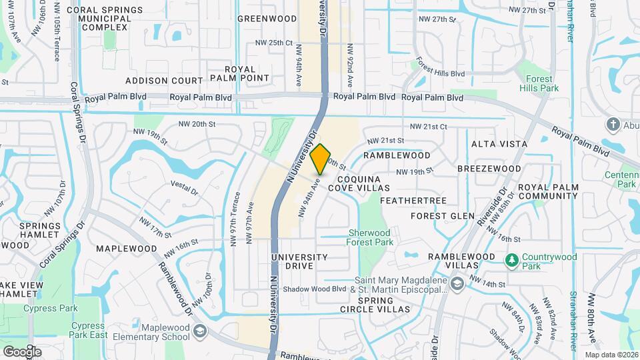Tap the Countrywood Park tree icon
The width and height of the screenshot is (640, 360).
coord(512,259)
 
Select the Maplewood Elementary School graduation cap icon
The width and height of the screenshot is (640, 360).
coord(199,331)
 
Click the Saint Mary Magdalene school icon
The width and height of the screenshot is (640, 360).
coord(457,285)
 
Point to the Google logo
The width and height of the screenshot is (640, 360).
coord(22,351)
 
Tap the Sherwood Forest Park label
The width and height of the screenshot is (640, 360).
coord(369,237)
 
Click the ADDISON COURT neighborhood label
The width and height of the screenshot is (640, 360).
coord(164,80)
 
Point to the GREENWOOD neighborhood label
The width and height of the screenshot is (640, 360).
coord(267,19)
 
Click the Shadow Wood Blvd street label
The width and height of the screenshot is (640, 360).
coord(315,289)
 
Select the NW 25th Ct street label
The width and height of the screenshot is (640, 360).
coord(274,43)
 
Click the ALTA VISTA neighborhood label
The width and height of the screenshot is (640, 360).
coord(499,144)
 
